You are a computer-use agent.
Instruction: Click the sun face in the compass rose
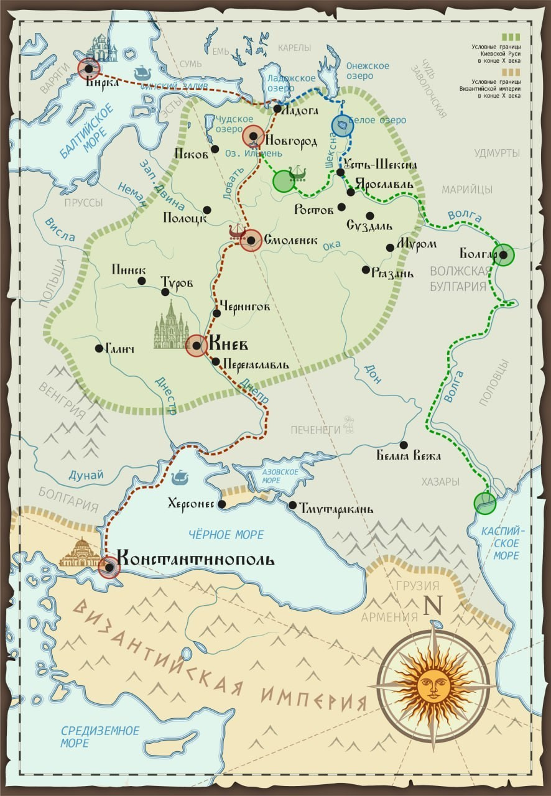(433, 685)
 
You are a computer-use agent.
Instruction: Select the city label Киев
(229, 344)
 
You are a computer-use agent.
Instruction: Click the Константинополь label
(195, 558)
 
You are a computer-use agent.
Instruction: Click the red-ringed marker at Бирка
(89, 68)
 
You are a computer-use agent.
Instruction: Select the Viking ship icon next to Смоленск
(237, 233)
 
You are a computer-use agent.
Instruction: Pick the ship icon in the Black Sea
(179, 477)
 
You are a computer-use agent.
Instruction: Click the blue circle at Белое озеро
(342, 126)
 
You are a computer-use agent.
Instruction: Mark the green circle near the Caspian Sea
(484, 502)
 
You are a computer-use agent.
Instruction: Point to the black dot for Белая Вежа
(404, 445)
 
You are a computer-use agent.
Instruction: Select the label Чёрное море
(226, 535)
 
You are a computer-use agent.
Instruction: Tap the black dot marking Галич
(99, 348)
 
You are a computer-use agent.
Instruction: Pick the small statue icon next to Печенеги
(350, 425)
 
